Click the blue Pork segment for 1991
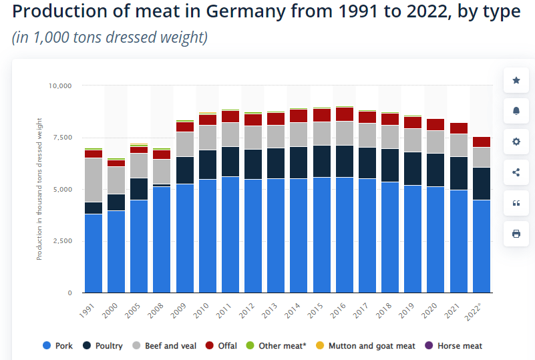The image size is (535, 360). coord(94,252)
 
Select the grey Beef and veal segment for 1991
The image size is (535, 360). coord(94,180)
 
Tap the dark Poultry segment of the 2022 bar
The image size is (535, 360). coord(482,183)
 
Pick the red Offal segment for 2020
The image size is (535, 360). coord(436,124)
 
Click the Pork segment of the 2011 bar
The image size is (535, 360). coord(230,234)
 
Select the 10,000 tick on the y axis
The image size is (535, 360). coord(61,85)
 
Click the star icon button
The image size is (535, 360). coord(516,81)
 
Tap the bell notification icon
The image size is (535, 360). coord(516,111)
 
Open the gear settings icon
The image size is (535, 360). coord(516,142)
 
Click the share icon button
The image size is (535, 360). coord(516,172)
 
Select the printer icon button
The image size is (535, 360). coord(516,234)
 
